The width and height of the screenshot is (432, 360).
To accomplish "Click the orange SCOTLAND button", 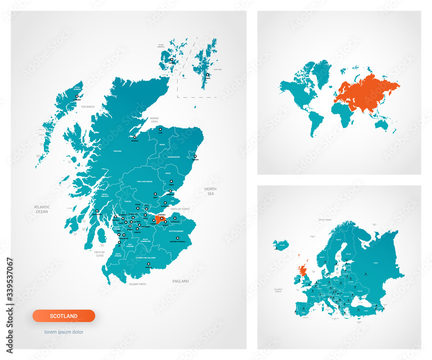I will click(64, 316).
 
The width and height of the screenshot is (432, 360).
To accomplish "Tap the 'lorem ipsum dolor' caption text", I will click(64, 332).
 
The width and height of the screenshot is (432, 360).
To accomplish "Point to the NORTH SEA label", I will click(210, 191).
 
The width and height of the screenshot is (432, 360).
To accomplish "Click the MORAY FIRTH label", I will click(154, 120).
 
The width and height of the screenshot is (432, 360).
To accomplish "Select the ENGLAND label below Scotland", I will click(181, 281).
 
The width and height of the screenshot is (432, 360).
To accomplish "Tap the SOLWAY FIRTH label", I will click(137, 284).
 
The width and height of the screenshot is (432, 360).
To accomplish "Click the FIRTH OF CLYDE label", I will click(99, 253).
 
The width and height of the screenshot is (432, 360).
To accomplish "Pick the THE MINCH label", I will click(88, 106).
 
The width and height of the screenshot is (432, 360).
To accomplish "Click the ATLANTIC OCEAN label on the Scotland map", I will click(42, 209).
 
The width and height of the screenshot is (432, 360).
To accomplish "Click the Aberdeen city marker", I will click(196, 156).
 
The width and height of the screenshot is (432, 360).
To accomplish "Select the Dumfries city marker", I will click(149, 264).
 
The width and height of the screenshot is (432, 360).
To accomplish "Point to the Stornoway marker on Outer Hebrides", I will click(77, 96).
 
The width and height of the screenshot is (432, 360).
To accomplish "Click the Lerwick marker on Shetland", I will click(208, 75).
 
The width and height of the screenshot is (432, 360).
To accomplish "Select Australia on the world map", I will click(381, 125).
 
